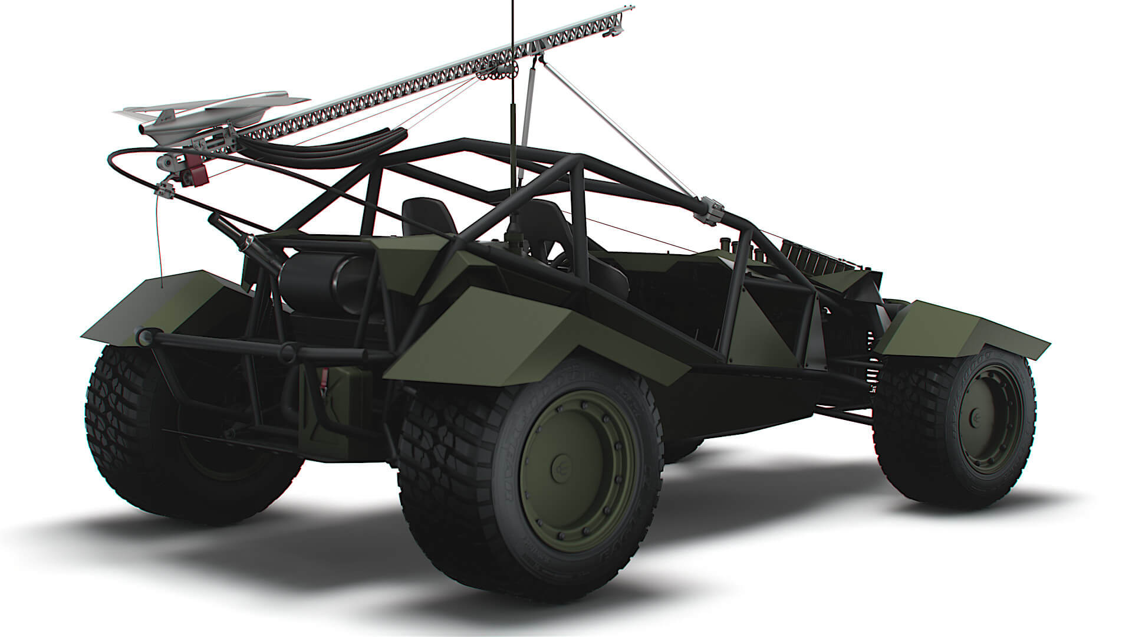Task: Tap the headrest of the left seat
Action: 429,216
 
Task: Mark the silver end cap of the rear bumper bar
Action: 143,336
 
